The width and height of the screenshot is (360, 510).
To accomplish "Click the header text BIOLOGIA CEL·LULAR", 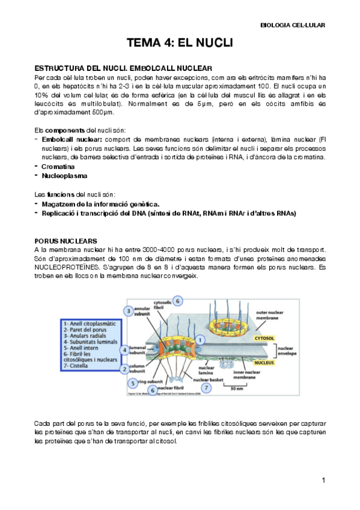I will tap(293, 25).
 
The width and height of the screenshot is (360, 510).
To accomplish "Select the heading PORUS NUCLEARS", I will tap(64, 241).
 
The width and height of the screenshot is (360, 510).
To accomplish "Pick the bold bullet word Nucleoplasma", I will tap(64, 176).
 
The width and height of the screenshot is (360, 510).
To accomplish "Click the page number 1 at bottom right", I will tap(323, 480).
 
